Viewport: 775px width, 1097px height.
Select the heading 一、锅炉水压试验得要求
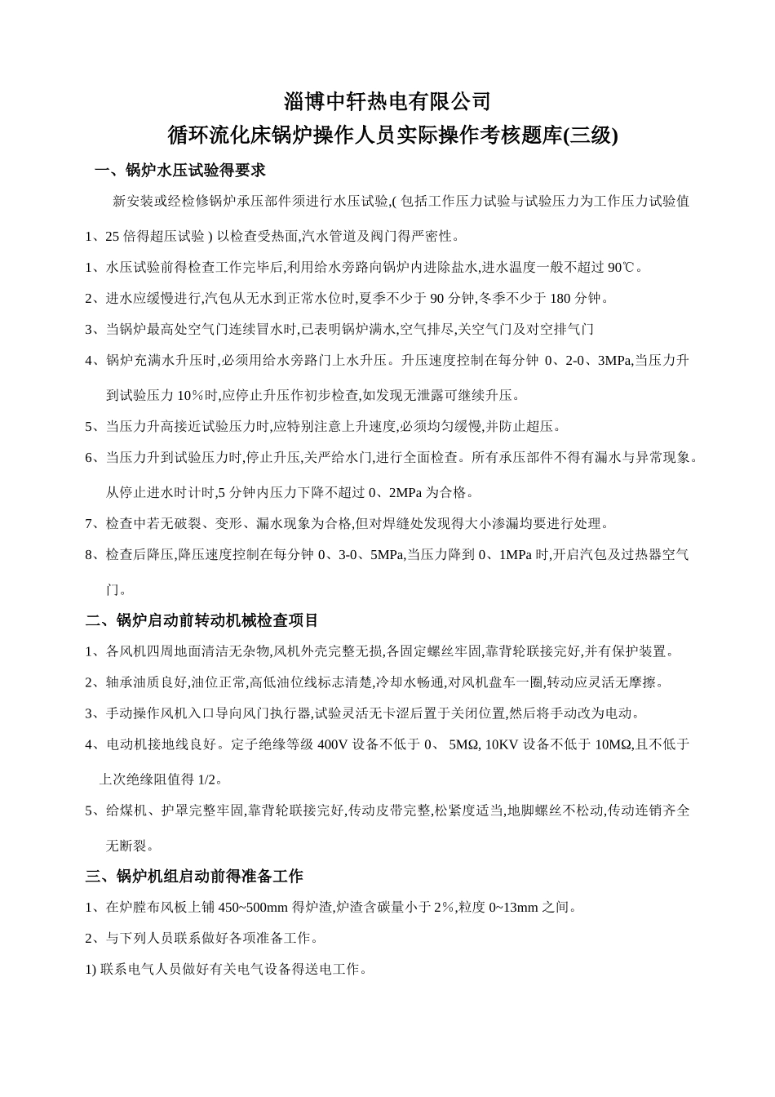click(x=180, y=171)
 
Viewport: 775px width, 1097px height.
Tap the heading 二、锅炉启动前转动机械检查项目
click(x=201, y=620)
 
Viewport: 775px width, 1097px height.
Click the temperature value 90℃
click(x=621, y=267)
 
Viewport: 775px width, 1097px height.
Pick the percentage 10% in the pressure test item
click(x=195, y=395)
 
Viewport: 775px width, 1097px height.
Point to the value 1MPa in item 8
click(x=515, y=555)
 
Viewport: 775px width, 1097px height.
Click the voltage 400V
click(x=332, y=744)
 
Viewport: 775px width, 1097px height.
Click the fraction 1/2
click(x=209, y=779)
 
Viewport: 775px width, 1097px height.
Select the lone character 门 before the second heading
click(x=113, y=589)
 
